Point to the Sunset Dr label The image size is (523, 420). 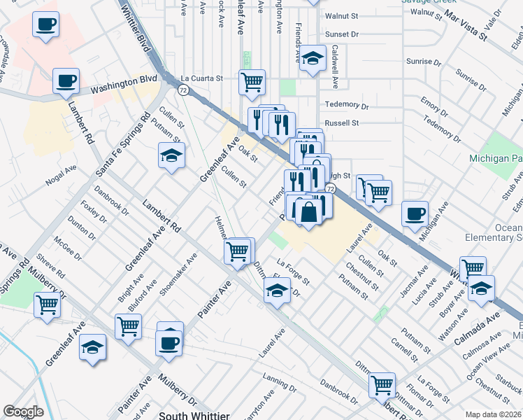[341, 34]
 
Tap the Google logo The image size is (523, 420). [23, 412]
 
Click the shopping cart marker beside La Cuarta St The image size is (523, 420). [252, 81]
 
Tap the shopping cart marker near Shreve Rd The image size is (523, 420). [47, 305]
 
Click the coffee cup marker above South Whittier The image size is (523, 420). [169, 343]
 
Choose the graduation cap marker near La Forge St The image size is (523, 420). [277, 290]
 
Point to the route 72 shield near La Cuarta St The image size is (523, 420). [182, 90]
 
